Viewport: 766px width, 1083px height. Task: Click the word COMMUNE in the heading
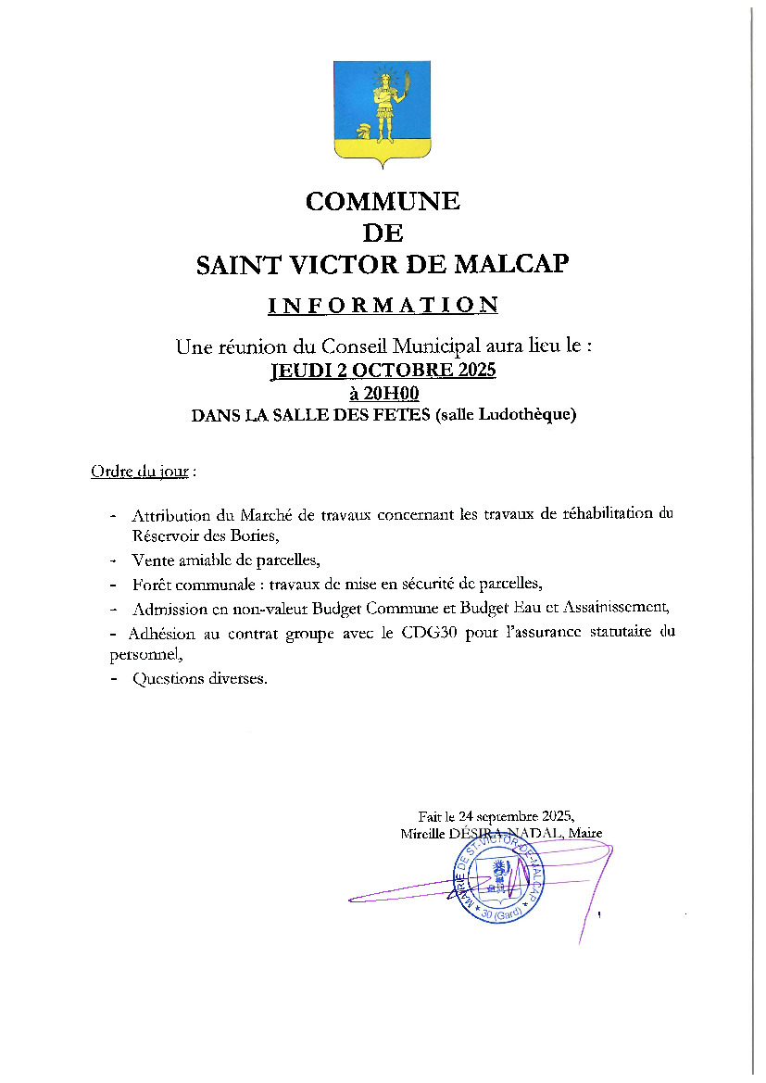[x=383, y=201]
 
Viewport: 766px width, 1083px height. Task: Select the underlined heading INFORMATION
[x=383, y=305]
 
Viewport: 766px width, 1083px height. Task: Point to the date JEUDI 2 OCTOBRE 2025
[x=383, y=371]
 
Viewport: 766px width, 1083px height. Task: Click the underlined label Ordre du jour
[x=139, y=472]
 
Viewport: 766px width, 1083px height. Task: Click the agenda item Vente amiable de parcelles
[x=225, y=560]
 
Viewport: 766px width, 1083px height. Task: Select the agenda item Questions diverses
[x=199, y=679]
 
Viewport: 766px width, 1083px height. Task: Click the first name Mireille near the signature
[x=422, y=833]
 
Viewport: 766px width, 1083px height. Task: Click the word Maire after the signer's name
[x=585, y=833]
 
